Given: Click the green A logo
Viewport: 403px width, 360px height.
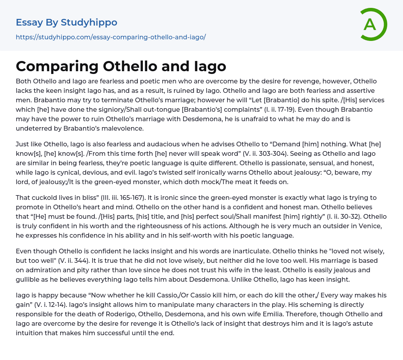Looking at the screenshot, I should pos(373,24).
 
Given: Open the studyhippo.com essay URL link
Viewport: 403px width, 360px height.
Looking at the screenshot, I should pos(111,37).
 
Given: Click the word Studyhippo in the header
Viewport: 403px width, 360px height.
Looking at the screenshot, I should pos(89,22).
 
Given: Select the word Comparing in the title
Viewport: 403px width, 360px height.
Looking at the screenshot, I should pos(57,66).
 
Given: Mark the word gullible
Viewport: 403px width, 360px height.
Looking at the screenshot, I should pos(29,279).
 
